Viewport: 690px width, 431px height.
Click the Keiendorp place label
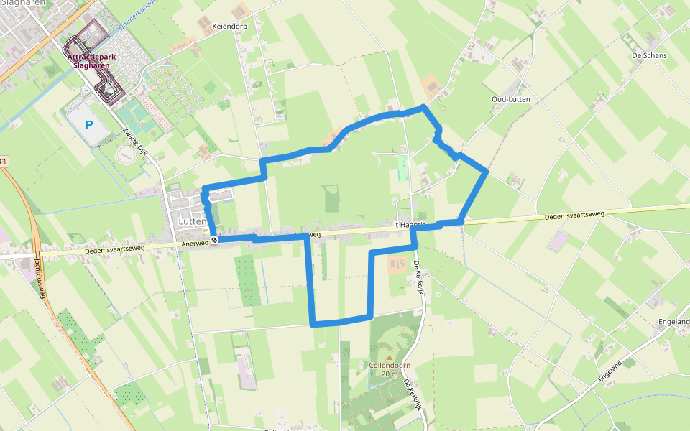(230, 26)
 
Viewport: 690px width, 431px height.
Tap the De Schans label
(649, 55)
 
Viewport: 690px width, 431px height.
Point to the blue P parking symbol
(89, 125)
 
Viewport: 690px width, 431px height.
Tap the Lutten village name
(189, 223)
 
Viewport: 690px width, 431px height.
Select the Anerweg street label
(196, 243)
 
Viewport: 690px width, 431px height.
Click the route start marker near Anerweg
(214, 240)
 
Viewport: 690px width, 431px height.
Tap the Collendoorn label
(389, 365)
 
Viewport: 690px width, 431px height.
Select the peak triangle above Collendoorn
(389, 356)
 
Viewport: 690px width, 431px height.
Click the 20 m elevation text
(389, 374)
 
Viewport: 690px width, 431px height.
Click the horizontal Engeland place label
(673, 322)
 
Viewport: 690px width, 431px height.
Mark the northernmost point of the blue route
(423, 107)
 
